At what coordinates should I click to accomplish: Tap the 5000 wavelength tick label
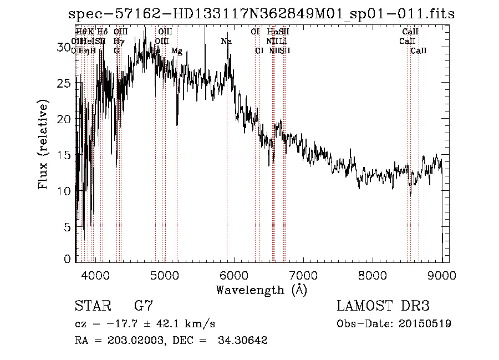click(165, 274)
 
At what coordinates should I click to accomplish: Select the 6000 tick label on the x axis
click(235, 274)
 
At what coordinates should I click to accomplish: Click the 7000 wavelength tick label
click(304, 274)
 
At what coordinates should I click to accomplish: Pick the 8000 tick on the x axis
click(373, 274)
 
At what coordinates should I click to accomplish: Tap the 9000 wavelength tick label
click(442, 274)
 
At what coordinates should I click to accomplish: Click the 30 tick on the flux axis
click(65, 48)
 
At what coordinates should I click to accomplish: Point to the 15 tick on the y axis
click(65, 155)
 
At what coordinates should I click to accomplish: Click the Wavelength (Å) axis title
click(261, 290)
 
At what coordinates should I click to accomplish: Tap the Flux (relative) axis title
click(43, 144)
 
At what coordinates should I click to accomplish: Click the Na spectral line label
click(226, 42)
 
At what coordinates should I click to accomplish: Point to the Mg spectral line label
click(176, 51)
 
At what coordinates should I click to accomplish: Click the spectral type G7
click(144, 306)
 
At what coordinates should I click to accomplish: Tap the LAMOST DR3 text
click(383, 306)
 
